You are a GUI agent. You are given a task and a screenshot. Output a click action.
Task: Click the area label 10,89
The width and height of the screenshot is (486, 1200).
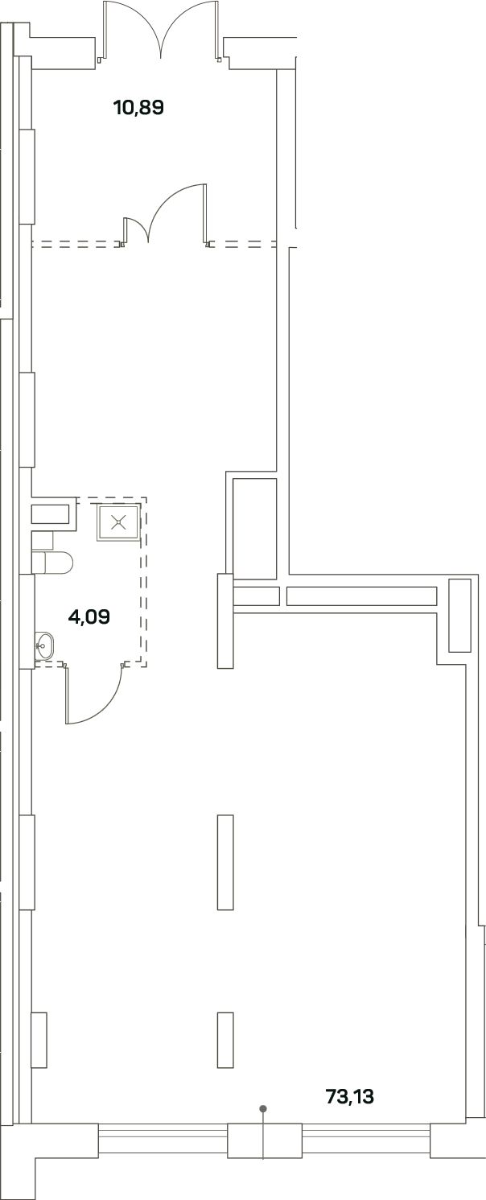[x=138, y=108]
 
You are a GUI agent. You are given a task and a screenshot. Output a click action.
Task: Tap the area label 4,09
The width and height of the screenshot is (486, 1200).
[x=89, y=617]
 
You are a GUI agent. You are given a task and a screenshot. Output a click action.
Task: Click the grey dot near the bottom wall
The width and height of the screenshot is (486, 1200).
[x=262, y=1108]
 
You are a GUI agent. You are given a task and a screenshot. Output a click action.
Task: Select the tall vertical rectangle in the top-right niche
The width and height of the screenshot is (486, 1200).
[x=459, y=616]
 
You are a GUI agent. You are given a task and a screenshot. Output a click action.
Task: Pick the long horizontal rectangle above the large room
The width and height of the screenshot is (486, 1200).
[x=362, y=596]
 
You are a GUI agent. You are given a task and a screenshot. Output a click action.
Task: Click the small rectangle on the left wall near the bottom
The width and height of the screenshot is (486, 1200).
[x=39, y=1040]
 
